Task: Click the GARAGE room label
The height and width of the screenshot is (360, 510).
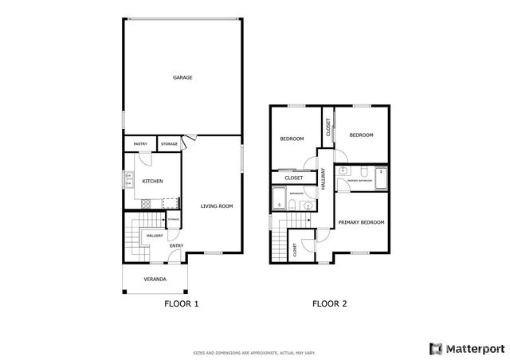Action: tap(183, 77)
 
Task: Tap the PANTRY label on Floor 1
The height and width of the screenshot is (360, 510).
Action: tap(140, 144)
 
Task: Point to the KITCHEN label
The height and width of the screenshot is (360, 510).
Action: tap(152, 182)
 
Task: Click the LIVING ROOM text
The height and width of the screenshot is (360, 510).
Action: tap(216, 206)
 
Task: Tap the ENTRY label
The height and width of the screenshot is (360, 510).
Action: tap(176, 245)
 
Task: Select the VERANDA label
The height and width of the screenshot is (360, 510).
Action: tap(155, 280)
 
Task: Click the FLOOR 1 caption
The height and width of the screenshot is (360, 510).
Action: tap(181, 304)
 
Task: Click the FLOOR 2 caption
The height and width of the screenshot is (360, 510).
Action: tap(329, 304)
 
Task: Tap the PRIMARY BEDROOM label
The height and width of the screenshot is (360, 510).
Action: tap(361, 222)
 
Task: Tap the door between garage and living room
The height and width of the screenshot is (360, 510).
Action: tap(185, 144)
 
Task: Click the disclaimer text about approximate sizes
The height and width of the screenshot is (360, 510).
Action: tap(254, 351)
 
